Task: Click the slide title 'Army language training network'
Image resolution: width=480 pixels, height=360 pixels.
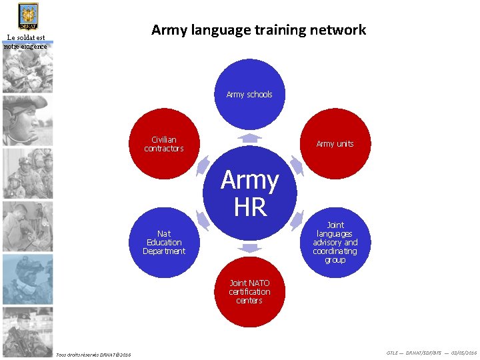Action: pos(259,30)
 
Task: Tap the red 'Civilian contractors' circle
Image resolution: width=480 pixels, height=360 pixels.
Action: pos(164,143)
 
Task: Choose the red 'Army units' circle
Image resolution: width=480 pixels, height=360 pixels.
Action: pos(335,144)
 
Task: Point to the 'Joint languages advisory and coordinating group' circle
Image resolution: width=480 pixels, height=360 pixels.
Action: pos(335,243)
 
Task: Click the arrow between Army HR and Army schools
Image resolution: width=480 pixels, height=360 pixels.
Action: pos(250,138)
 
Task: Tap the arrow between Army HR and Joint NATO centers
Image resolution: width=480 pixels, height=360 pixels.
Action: pos(250,249)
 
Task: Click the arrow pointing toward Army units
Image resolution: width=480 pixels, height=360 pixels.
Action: pos(297,166)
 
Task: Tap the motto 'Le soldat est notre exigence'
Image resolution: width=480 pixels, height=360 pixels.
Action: pos(26,42)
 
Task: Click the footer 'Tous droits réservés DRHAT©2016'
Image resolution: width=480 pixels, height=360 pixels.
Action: pos(93,353)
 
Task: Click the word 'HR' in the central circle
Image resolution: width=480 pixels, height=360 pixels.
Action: pos(250,207)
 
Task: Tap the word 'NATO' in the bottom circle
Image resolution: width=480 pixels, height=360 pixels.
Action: pos(259,283)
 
